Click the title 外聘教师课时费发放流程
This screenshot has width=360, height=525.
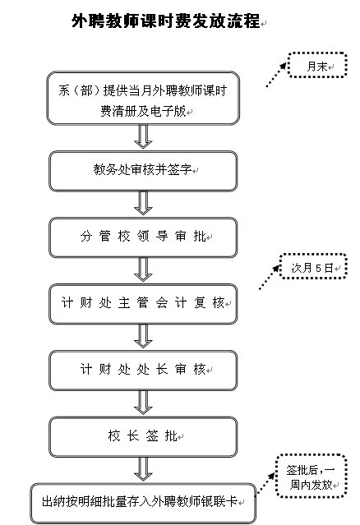(166, 21)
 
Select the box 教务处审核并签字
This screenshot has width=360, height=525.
(143, 171)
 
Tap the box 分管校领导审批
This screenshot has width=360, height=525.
(143, 237)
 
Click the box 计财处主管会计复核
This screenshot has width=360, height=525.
(143, 304)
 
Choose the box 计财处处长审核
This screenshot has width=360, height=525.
(143, 371)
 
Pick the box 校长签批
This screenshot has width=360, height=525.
(143, 436)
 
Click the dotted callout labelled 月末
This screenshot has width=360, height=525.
(317, 65)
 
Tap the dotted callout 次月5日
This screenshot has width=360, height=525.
(313, 266)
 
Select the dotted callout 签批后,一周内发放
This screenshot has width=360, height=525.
(311, 477)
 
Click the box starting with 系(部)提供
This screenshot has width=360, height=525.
(143, 98)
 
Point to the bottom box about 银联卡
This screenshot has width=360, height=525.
(143, 504)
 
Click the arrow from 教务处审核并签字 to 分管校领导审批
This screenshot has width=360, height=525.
(143, 203)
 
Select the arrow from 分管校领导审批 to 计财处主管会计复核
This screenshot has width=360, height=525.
(143, 269)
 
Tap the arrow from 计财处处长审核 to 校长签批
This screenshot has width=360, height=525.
(143, 402)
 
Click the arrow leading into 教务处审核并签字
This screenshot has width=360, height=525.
(143, 136)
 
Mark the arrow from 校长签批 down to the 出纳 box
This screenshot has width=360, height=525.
(143, 469)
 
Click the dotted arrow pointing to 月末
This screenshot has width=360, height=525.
(276, 75)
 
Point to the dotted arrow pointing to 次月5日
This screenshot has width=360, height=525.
(270, 277)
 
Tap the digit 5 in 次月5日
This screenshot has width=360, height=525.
(318, 268)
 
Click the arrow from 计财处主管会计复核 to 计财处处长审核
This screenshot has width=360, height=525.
(143, 336)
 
